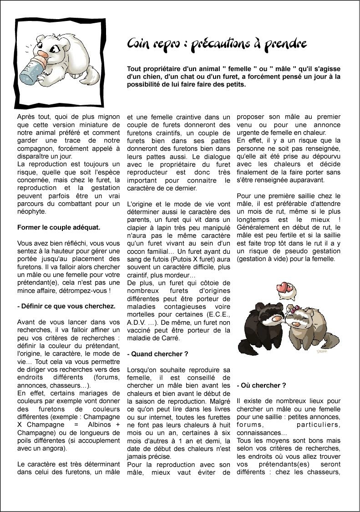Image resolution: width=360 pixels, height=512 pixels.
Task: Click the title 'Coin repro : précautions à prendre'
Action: [217, 44]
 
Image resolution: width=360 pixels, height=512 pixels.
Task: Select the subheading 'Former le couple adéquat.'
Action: [59, 227]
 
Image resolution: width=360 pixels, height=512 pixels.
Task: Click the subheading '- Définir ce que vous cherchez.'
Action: [66, 306]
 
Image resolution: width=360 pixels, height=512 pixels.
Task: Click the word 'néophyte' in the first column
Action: [32, 211]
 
